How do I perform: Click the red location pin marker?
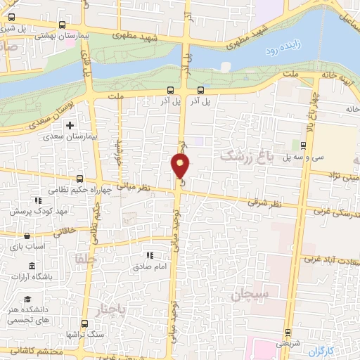[181, 166]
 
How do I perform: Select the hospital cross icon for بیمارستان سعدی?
[69, 126]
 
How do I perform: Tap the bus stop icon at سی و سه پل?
[303, 146]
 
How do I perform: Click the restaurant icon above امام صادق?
[148, 256]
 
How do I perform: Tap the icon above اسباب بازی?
[27, 236]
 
